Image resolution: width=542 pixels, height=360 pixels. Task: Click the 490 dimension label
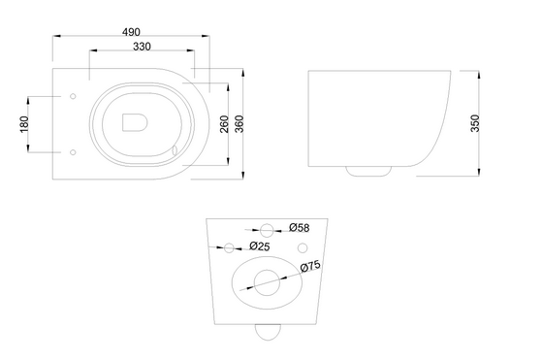pyautogui.click(x=131, y=32)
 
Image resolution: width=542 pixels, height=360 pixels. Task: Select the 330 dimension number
pyautogui.click(x=143, y=47)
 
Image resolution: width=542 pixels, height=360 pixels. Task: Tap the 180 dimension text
pyautogui.click(x=24, y=124)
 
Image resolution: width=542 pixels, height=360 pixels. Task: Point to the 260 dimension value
pyautogui.click(x=224, y=124)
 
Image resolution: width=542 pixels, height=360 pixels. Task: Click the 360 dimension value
pyautogui.click(x=239, y=124)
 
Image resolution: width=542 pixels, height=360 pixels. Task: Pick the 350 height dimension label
pyautogui.click(x=475, y=123)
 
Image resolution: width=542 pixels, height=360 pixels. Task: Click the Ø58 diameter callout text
pyautogui.click(x=300, y=228)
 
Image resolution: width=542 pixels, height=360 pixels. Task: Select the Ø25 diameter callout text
pyautogui.click(x=260, y=246)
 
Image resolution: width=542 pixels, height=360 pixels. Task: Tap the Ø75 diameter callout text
pyautogui.click(x=310, y=266)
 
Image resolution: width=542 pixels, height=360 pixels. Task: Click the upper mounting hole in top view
pyautogui.click(x=73, y=96)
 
